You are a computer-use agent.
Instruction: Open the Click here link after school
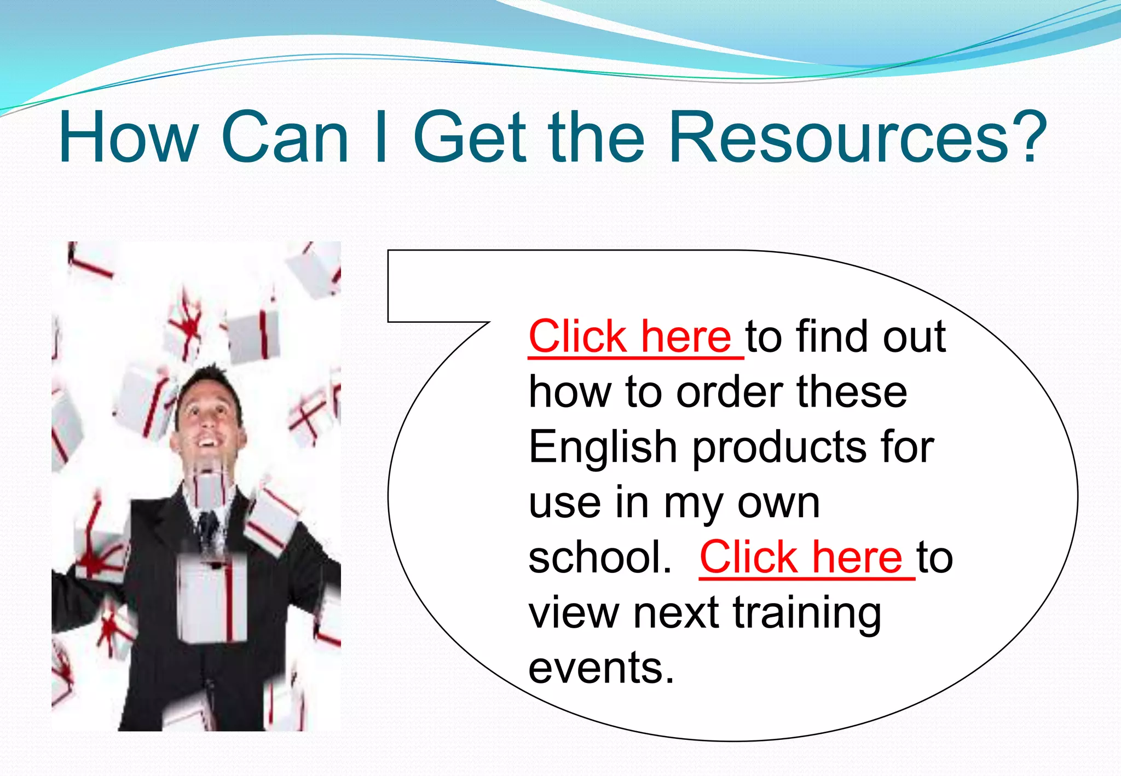pos(801,558)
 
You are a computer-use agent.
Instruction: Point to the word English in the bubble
pos(603,448)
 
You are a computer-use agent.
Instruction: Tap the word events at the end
pos(600,669)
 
